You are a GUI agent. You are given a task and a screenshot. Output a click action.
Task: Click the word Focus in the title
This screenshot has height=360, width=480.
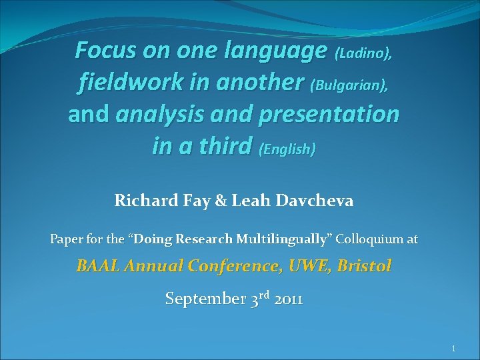[x=106, y=49]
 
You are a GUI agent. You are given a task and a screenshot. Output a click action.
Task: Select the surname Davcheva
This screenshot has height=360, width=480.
[x=328, y=199]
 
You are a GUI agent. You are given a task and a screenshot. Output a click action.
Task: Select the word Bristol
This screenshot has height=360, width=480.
[x=365, y=266]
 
